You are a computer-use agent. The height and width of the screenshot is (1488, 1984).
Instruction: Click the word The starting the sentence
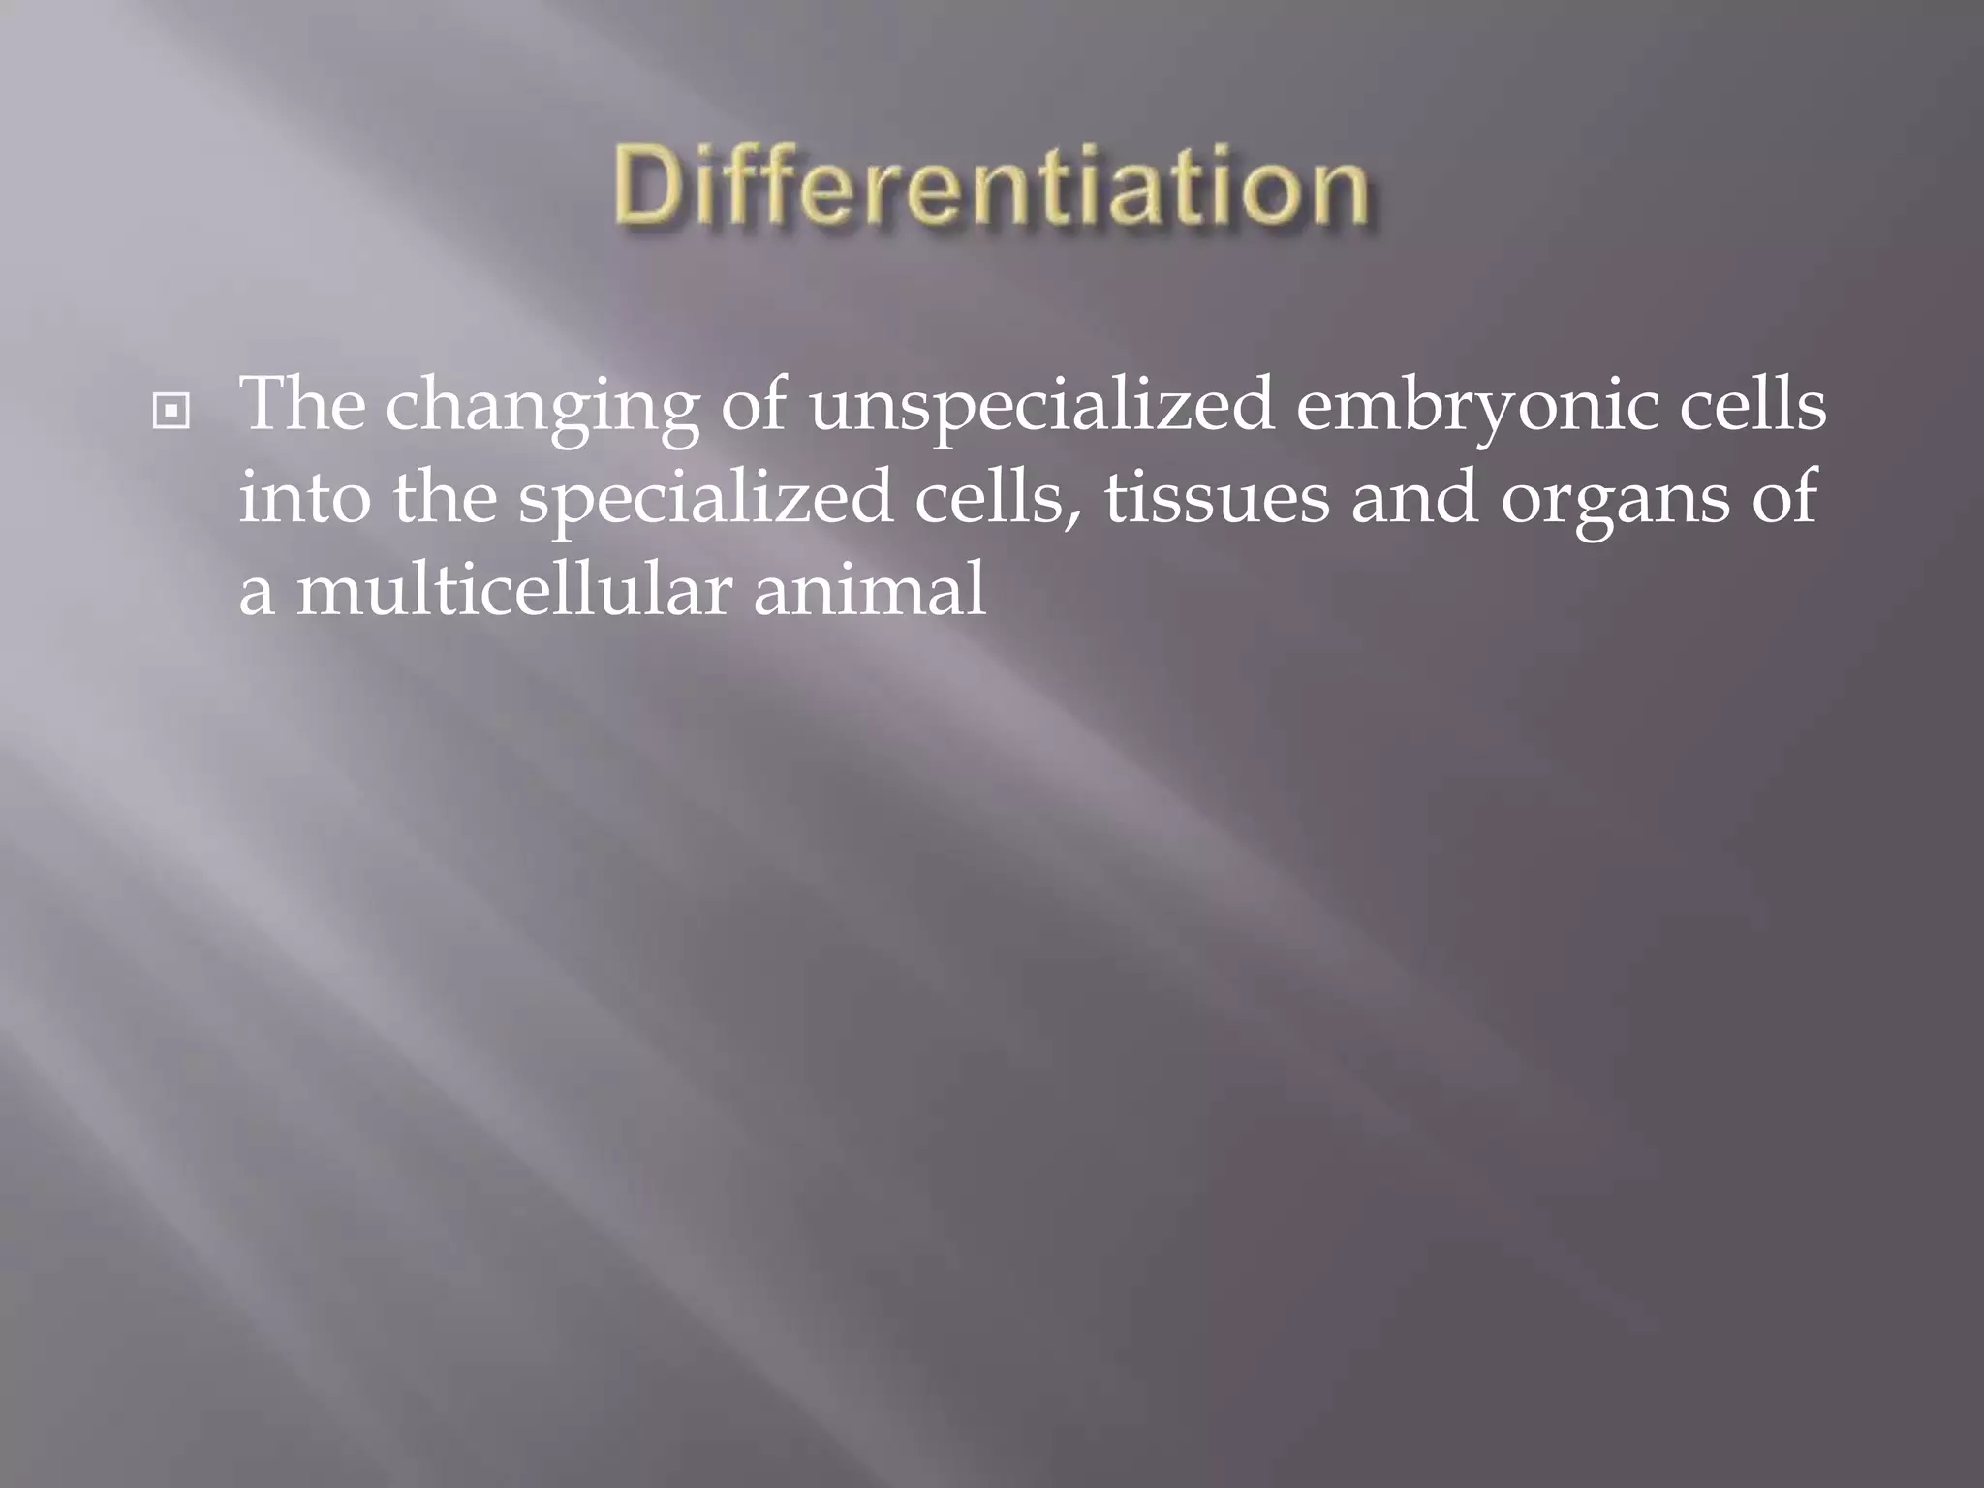(x=302, y=404)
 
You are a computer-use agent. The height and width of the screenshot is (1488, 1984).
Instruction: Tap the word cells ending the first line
(x=1752, y=404)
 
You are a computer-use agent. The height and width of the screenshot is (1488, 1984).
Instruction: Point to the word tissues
(x=1217, y=498)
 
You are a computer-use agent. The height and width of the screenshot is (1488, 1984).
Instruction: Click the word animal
(x=869, y=590)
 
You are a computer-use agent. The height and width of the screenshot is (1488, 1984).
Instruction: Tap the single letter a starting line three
(x=256, y=596)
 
